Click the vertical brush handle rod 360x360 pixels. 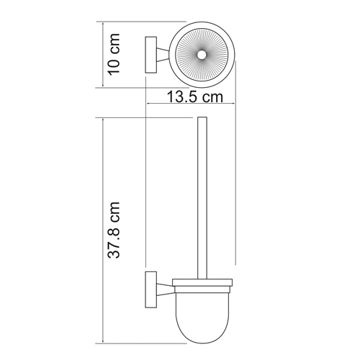(202, 194)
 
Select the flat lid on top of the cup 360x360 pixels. (202, 282)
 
